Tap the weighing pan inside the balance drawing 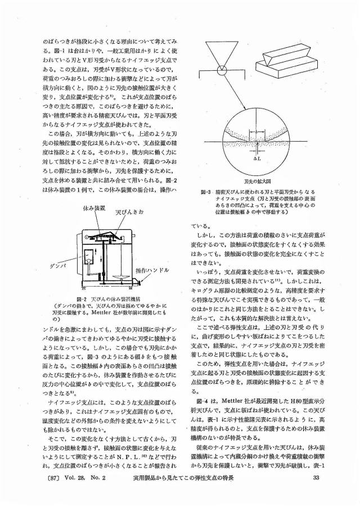tap(119, 276)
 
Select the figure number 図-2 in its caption tap(71, 298)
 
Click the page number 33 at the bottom tap(316, 493)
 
